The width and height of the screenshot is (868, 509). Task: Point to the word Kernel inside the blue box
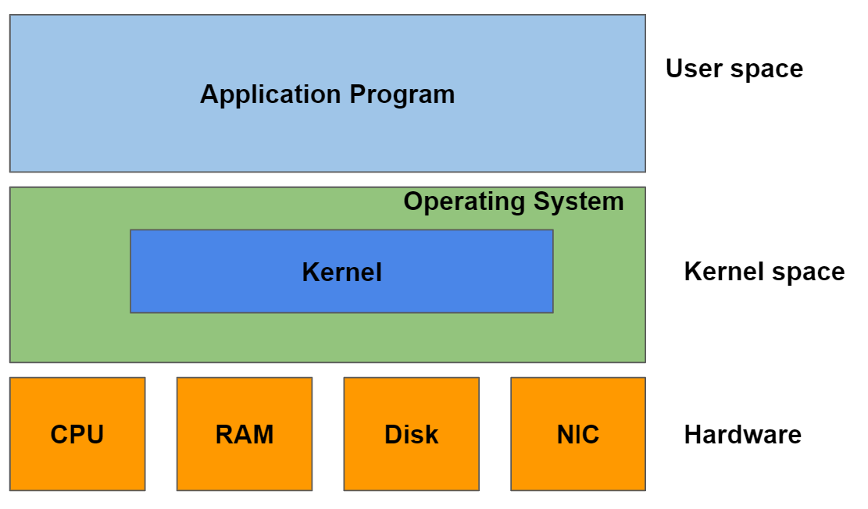click(341, 272)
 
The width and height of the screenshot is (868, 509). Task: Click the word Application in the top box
click(270, 94)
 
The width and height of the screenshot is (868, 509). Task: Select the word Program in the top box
click(402, 94)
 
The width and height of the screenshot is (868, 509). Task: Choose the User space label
click(734, 69)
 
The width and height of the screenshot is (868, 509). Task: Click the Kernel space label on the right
click(764, 272)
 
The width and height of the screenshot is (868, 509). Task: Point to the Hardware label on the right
click(742, 434)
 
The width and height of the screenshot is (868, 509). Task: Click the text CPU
click(77, 434)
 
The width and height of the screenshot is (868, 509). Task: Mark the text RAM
click(245, 434)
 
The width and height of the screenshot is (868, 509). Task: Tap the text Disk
click(411, 434)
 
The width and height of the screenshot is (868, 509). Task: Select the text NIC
click(578, 434)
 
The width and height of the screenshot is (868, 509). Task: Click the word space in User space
click(767, 69)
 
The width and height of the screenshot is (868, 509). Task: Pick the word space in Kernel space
click(809, 272)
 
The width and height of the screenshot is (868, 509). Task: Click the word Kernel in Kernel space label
click(723, 272)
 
